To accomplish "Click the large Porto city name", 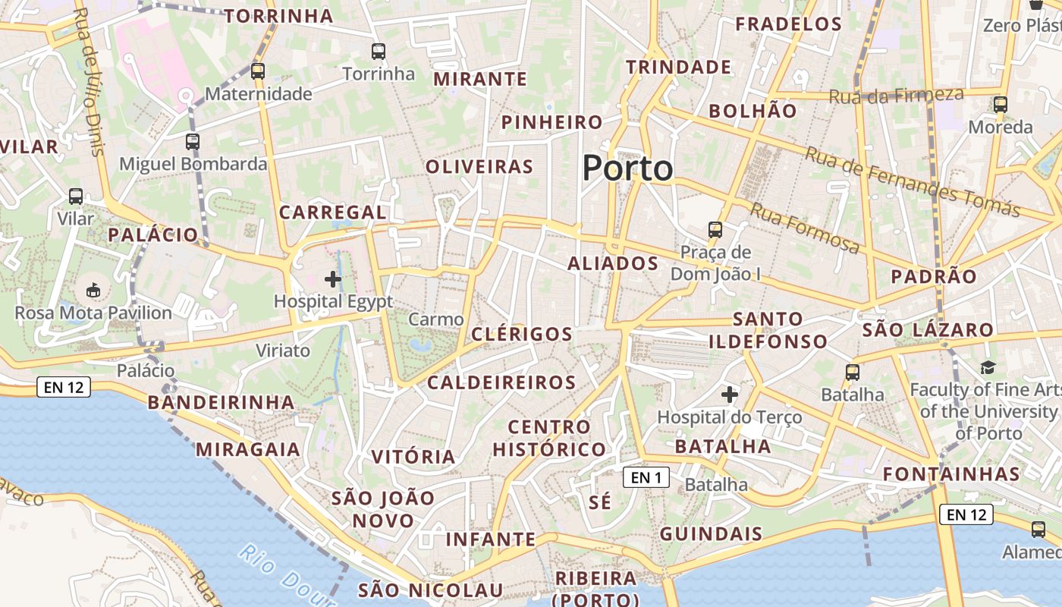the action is (x=627, y=168).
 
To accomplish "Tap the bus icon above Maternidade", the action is (x=258, y=71).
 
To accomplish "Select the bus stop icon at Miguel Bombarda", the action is (x=193, y=141).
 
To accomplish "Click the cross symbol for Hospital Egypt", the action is (x=332, y=279).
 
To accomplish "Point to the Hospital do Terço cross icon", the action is (x=730, y=395).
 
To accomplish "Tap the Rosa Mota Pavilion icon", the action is (x=93, y=290).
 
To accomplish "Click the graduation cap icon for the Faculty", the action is (x=987, y=368).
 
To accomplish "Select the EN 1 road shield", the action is (x=646, y=477).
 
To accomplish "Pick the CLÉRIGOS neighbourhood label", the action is (x=522, y=334).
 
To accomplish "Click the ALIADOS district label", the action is (x=613, y=263).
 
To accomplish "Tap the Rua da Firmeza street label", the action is (x=896, y=96).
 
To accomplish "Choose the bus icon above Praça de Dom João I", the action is (x=715, y=229).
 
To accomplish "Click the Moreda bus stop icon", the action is (x=1001, y=105).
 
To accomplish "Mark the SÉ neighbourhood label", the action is (x=599, y=502).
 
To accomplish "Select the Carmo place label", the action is (x=435, y=319).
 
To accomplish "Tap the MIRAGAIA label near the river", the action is (x=248, y=449).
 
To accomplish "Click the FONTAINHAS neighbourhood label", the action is (x=951, y=474).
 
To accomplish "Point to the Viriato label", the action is (x=283, y=351).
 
